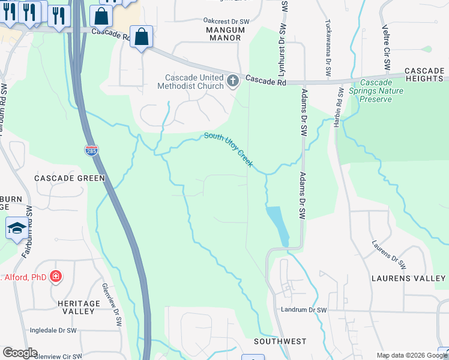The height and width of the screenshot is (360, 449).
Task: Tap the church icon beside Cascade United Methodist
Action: point(234,80)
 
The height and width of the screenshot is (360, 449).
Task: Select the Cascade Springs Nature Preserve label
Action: point(381,91)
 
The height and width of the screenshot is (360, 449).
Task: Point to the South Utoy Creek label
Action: point(228,150)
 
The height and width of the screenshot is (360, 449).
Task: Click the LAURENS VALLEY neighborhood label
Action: point(408,278)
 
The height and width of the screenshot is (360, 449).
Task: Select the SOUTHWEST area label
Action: point(280,341)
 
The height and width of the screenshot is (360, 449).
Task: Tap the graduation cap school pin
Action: point(16,229)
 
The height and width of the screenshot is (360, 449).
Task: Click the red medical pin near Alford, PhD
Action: point(56,277)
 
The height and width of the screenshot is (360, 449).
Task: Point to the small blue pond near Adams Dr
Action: point(278,226)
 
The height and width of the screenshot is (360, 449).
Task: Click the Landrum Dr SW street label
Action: point(304,310)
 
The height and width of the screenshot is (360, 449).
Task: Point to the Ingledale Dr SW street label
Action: point(53,331)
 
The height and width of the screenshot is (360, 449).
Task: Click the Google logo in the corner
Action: point(20,353)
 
